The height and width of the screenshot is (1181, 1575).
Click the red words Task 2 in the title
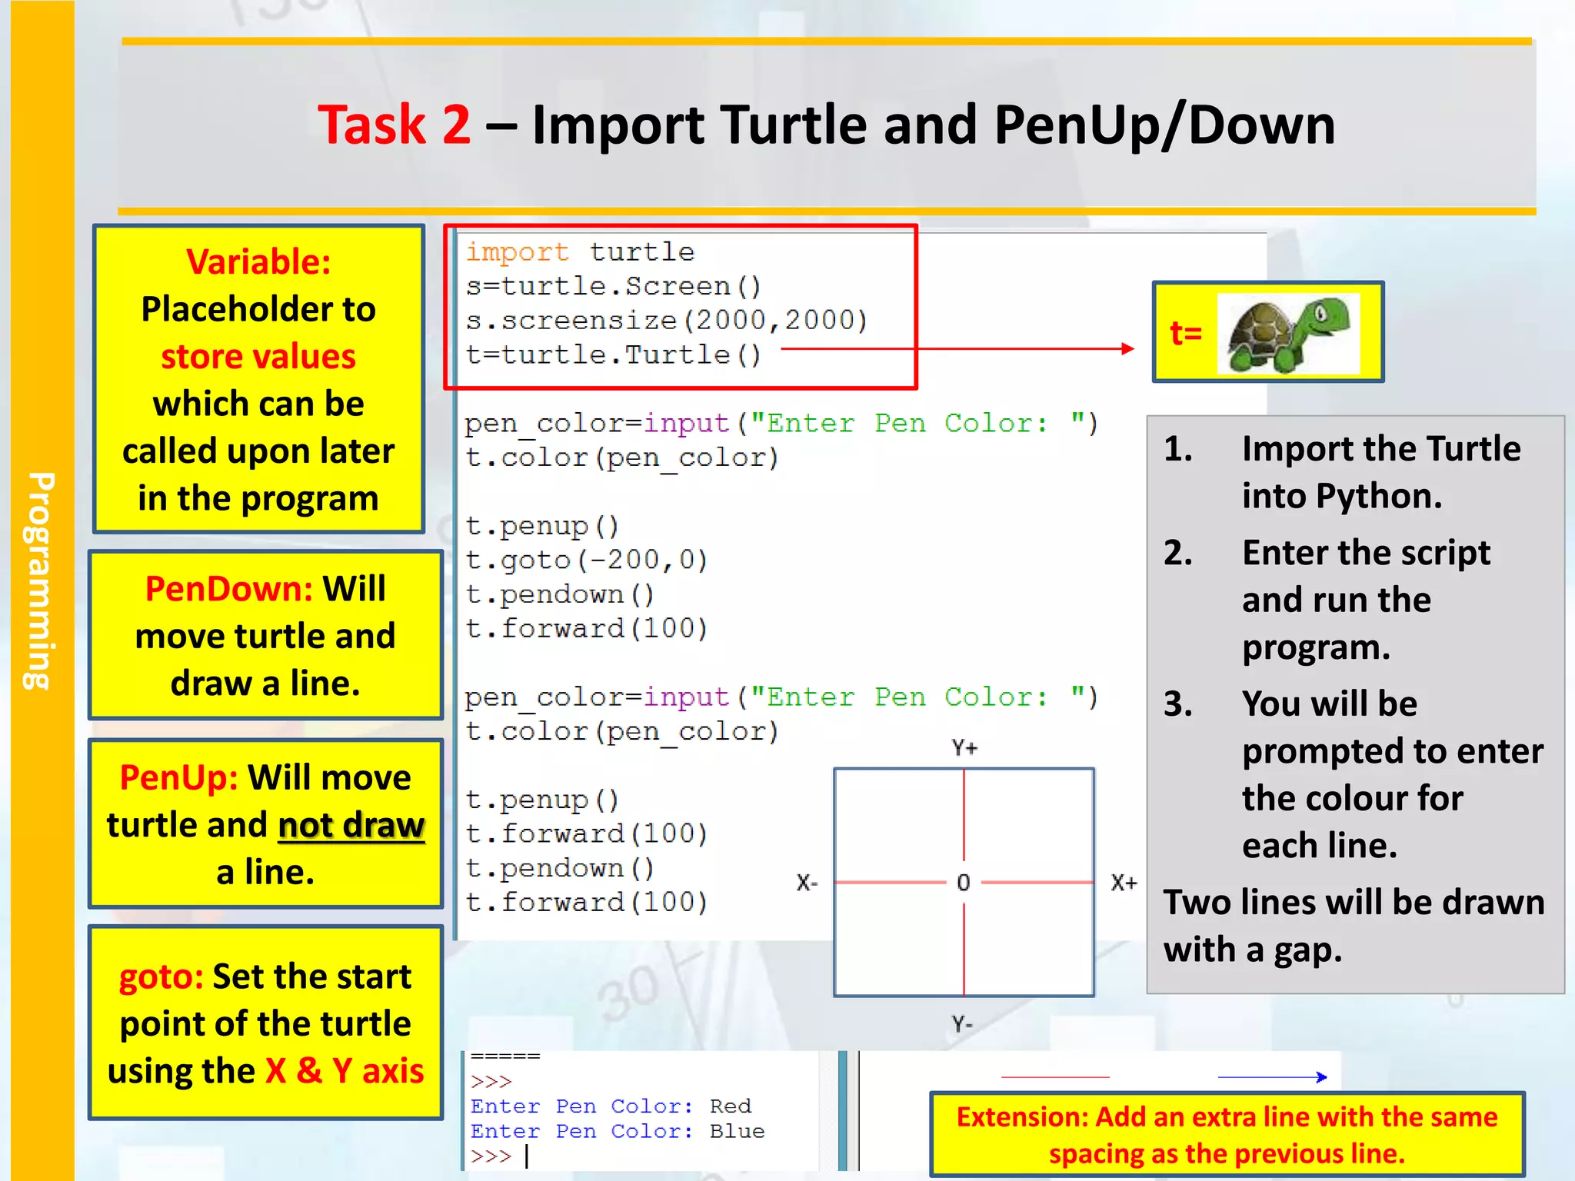[x=394, y=125]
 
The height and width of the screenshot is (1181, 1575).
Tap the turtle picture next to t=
[x=1288, y=334]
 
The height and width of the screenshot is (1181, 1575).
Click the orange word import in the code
[x=517, y=252]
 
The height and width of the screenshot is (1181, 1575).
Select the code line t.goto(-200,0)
[x=586, y=560]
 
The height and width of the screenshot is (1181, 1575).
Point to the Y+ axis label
[x=964, y=747]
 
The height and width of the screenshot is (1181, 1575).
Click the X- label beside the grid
[x=807, y=883]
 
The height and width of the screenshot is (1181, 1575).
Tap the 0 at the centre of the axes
[x=964, y=883]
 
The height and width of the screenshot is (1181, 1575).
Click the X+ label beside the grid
[x=1124, y=883]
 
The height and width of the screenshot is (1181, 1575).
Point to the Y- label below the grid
[x=962, y=1024]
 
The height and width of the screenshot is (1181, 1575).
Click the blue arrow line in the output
[x=1273, y=1077]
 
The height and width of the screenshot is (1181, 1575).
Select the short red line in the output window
[x=1055, y=1077]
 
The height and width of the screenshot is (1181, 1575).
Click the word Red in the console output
[x=730, y=1106]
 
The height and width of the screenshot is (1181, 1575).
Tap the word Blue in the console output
[x=737, y=1131]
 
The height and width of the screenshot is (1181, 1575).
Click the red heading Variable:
[x=258, y=262]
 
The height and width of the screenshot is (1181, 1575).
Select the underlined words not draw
[x=351, y=825]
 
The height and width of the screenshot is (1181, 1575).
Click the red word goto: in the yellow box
[x=161, y=976]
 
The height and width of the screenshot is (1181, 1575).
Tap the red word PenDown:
[x=228, y=589]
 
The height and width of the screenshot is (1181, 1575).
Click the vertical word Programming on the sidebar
[x=40, y=581]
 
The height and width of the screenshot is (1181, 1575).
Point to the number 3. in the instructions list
[x=1178, y=704]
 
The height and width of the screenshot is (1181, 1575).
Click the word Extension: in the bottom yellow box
[x=1022, y=1117]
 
